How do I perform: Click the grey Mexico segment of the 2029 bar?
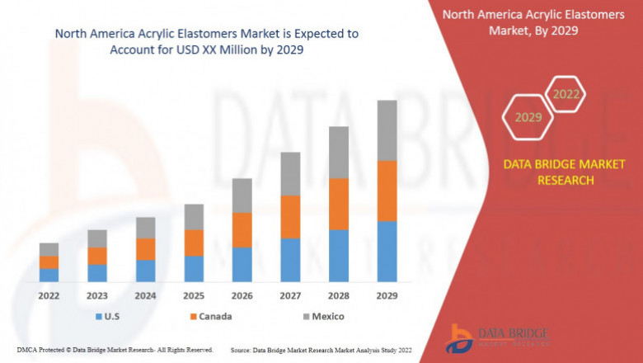pyautogui.click(x=387, y=130)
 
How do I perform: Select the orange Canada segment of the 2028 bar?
pyautogui.click(x=339, y=204)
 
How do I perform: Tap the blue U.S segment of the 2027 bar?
pyautogui.click(x=290, y=260)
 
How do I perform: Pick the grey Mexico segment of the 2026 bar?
pyautogui.click(x=242, y=196)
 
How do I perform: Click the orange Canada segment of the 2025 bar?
pyautogui.click(x=194, y=243)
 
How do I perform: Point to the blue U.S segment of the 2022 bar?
pyautogui.click(x=49, y=275)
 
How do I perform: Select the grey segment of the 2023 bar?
pyautogui.click(x=97, y=238)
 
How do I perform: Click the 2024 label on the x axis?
pyautogui.click(x=145, y=295)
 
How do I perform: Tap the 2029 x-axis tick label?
pyautogui.click(x=387, y=295)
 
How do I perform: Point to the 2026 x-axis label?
pyautogui.click(x=242, y=295)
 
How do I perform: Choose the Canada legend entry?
pyautogui.click(x=210, y=316)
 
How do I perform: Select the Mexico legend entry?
pyautogui.click(x=321, y=316)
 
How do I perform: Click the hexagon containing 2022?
pyautogui.click(x=566, y=94)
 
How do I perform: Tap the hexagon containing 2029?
pyautogui.click(x=528, y=117)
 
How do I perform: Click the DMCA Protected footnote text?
pyautogui.click(x=115, y=350)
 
